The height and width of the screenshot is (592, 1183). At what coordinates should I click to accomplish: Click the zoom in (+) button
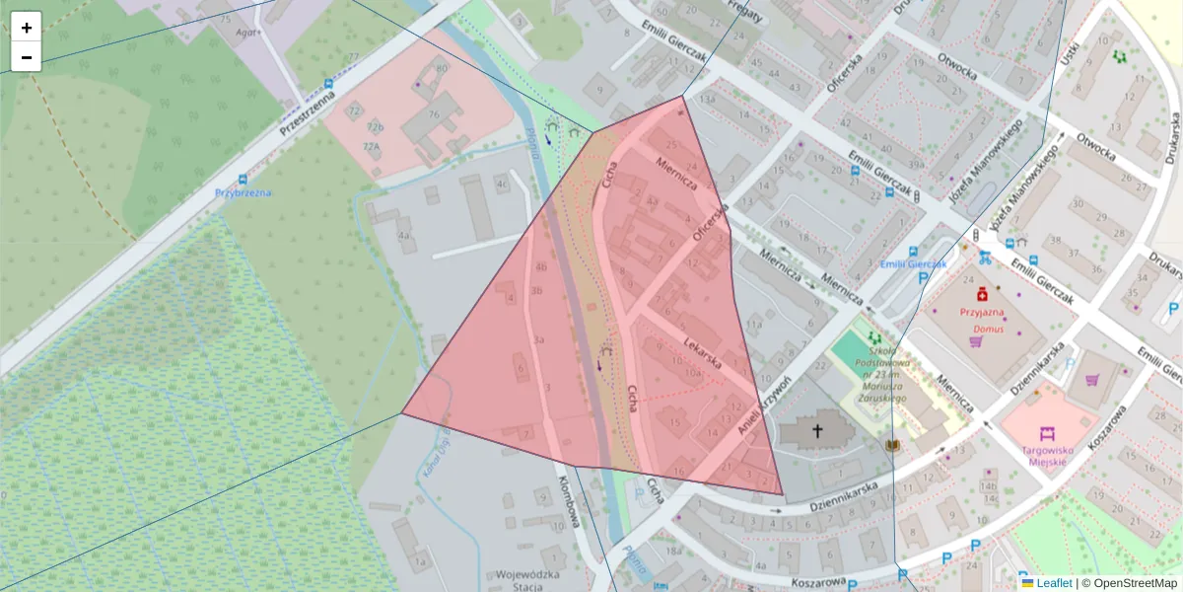[x=27, y=28]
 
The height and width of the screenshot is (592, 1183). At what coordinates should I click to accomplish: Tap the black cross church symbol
[x=816, y=430]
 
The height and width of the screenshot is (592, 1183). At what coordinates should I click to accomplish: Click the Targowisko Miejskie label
[x=1047, y=455]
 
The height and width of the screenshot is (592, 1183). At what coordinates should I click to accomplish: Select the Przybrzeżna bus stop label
[x=243, y=192]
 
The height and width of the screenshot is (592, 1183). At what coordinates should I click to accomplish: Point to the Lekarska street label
[x=702, y=350]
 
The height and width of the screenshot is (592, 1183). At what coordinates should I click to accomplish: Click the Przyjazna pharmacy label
[x=981, y=313]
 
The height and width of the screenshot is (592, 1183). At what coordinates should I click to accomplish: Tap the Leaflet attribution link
[x=1054, y=583]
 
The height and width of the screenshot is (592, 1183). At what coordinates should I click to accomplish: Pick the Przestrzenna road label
[x=307, y=113]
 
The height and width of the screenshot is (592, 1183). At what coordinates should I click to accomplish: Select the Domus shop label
[x=989, y=329]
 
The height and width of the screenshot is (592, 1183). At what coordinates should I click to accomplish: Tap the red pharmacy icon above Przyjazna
[x=982, y=295]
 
